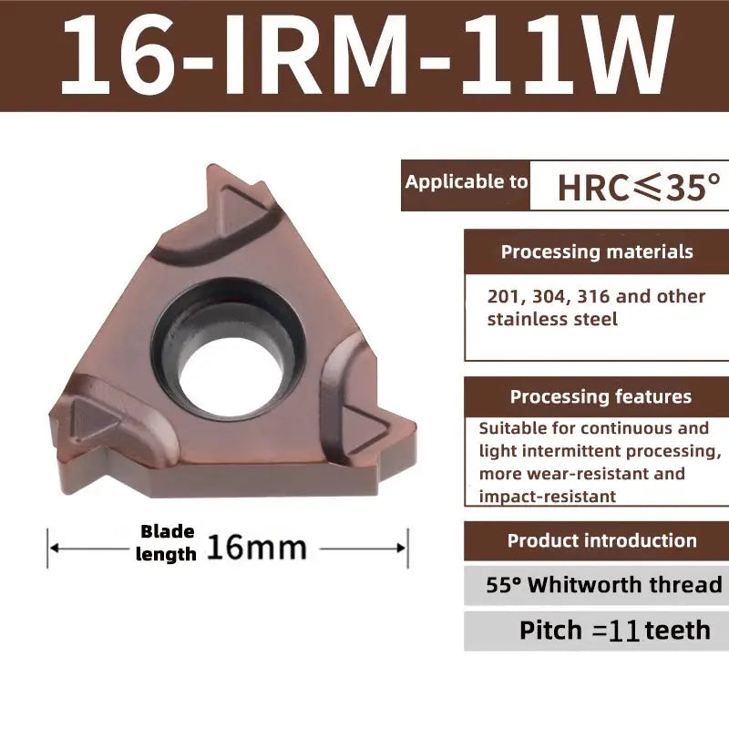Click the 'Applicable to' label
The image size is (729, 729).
click(x=467, y=182)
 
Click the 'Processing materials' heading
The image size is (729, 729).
click(x=597, y=252)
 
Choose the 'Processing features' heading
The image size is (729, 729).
click(x=601, y=396)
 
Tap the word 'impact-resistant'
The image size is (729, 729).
click(x=548, y=496)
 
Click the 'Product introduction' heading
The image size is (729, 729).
click(x=601, y=540)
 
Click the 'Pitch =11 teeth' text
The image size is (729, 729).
click(x=615, y=630)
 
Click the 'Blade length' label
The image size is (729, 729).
click(x=167, y=543)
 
